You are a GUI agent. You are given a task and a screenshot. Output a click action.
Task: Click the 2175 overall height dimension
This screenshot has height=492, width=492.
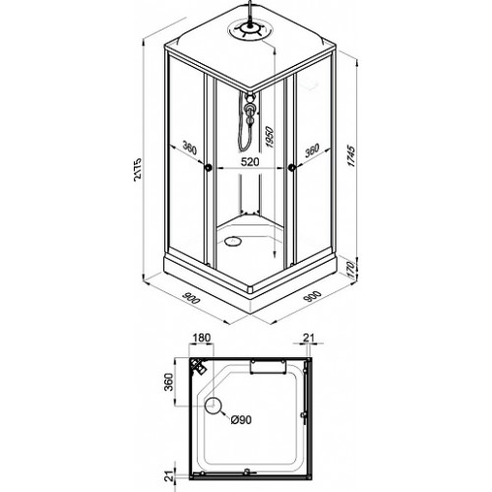(x=138, y=168)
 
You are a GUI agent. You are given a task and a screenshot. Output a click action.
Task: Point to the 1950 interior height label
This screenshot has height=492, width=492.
(x=270, y=137)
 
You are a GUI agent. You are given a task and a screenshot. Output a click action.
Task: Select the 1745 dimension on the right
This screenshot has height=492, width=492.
(x=351, y=156)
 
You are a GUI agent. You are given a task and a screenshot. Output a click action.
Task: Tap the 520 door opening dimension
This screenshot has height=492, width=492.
(x=250, y=161)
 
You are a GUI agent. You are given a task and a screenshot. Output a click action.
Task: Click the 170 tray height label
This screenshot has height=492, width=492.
(x=350, y=270)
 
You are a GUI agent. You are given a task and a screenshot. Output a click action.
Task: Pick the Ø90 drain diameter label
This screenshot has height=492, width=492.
(x=241, y=419)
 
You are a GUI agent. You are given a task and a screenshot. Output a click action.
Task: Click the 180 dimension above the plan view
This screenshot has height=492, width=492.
(x=201, y=338)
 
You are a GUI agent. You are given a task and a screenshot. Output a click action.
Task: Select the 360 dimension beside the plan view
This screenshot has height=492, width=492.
(x=168, y=382)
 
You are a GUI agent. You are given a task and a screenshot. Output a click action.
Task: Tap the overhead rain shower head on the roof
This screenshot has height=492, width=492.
(x=250, y=31)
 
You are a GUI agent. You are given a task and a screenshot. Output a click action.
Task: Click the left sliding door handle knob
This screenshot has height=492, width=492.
(x=208, y=167)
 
